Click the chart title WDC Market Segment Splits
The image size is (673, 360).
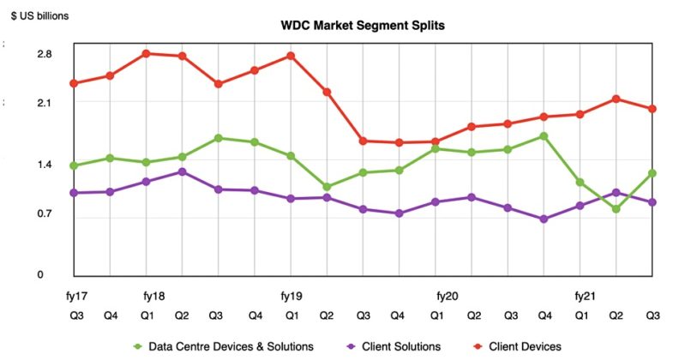(363, 26)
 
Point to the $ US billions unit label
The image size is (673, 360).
(40, 15)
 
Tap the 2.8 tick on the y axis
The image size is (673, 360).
(44, 55)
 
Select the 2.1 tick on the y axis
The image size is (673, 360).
(44, 103)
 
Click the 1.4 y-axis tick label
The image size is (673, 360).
(44, 165)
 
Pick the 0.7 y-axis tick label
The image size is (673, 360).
(44, 213)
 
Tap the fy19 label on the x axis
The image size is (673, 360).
(291, 296)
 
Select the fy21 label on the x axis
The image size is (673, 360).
(583, 296)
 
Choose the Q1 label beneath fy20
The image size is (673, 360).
(436, 315)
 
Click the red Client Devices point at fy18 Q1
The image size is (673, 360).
(147, 53)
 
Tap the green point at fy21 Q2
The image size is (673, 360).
(616, 208)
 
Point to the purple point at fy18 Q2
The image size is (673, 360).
(183, 171)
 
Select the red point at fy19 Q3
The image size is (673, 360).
(364, 141)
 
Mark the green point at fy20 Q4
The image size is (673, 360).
(544, 136)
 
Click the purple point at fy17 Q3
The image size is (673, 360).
(75, 193)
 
